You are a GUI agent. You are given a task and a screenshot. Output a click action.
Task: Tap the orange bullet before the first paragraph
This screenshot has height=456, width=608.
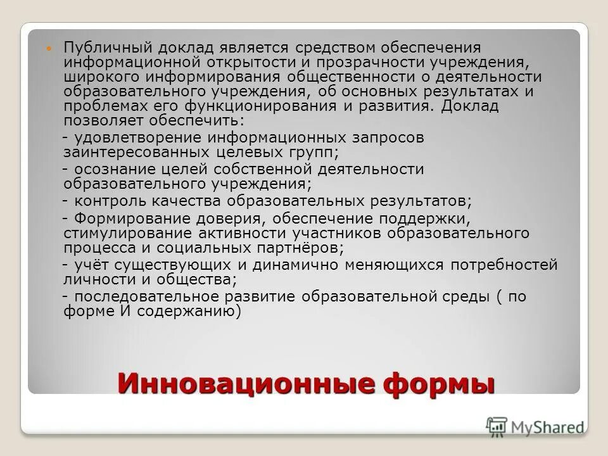[x=53, y=49]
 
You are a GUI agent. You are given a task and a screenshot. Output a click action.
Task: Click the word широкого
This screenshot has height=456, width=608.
[x=103, y=77]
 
